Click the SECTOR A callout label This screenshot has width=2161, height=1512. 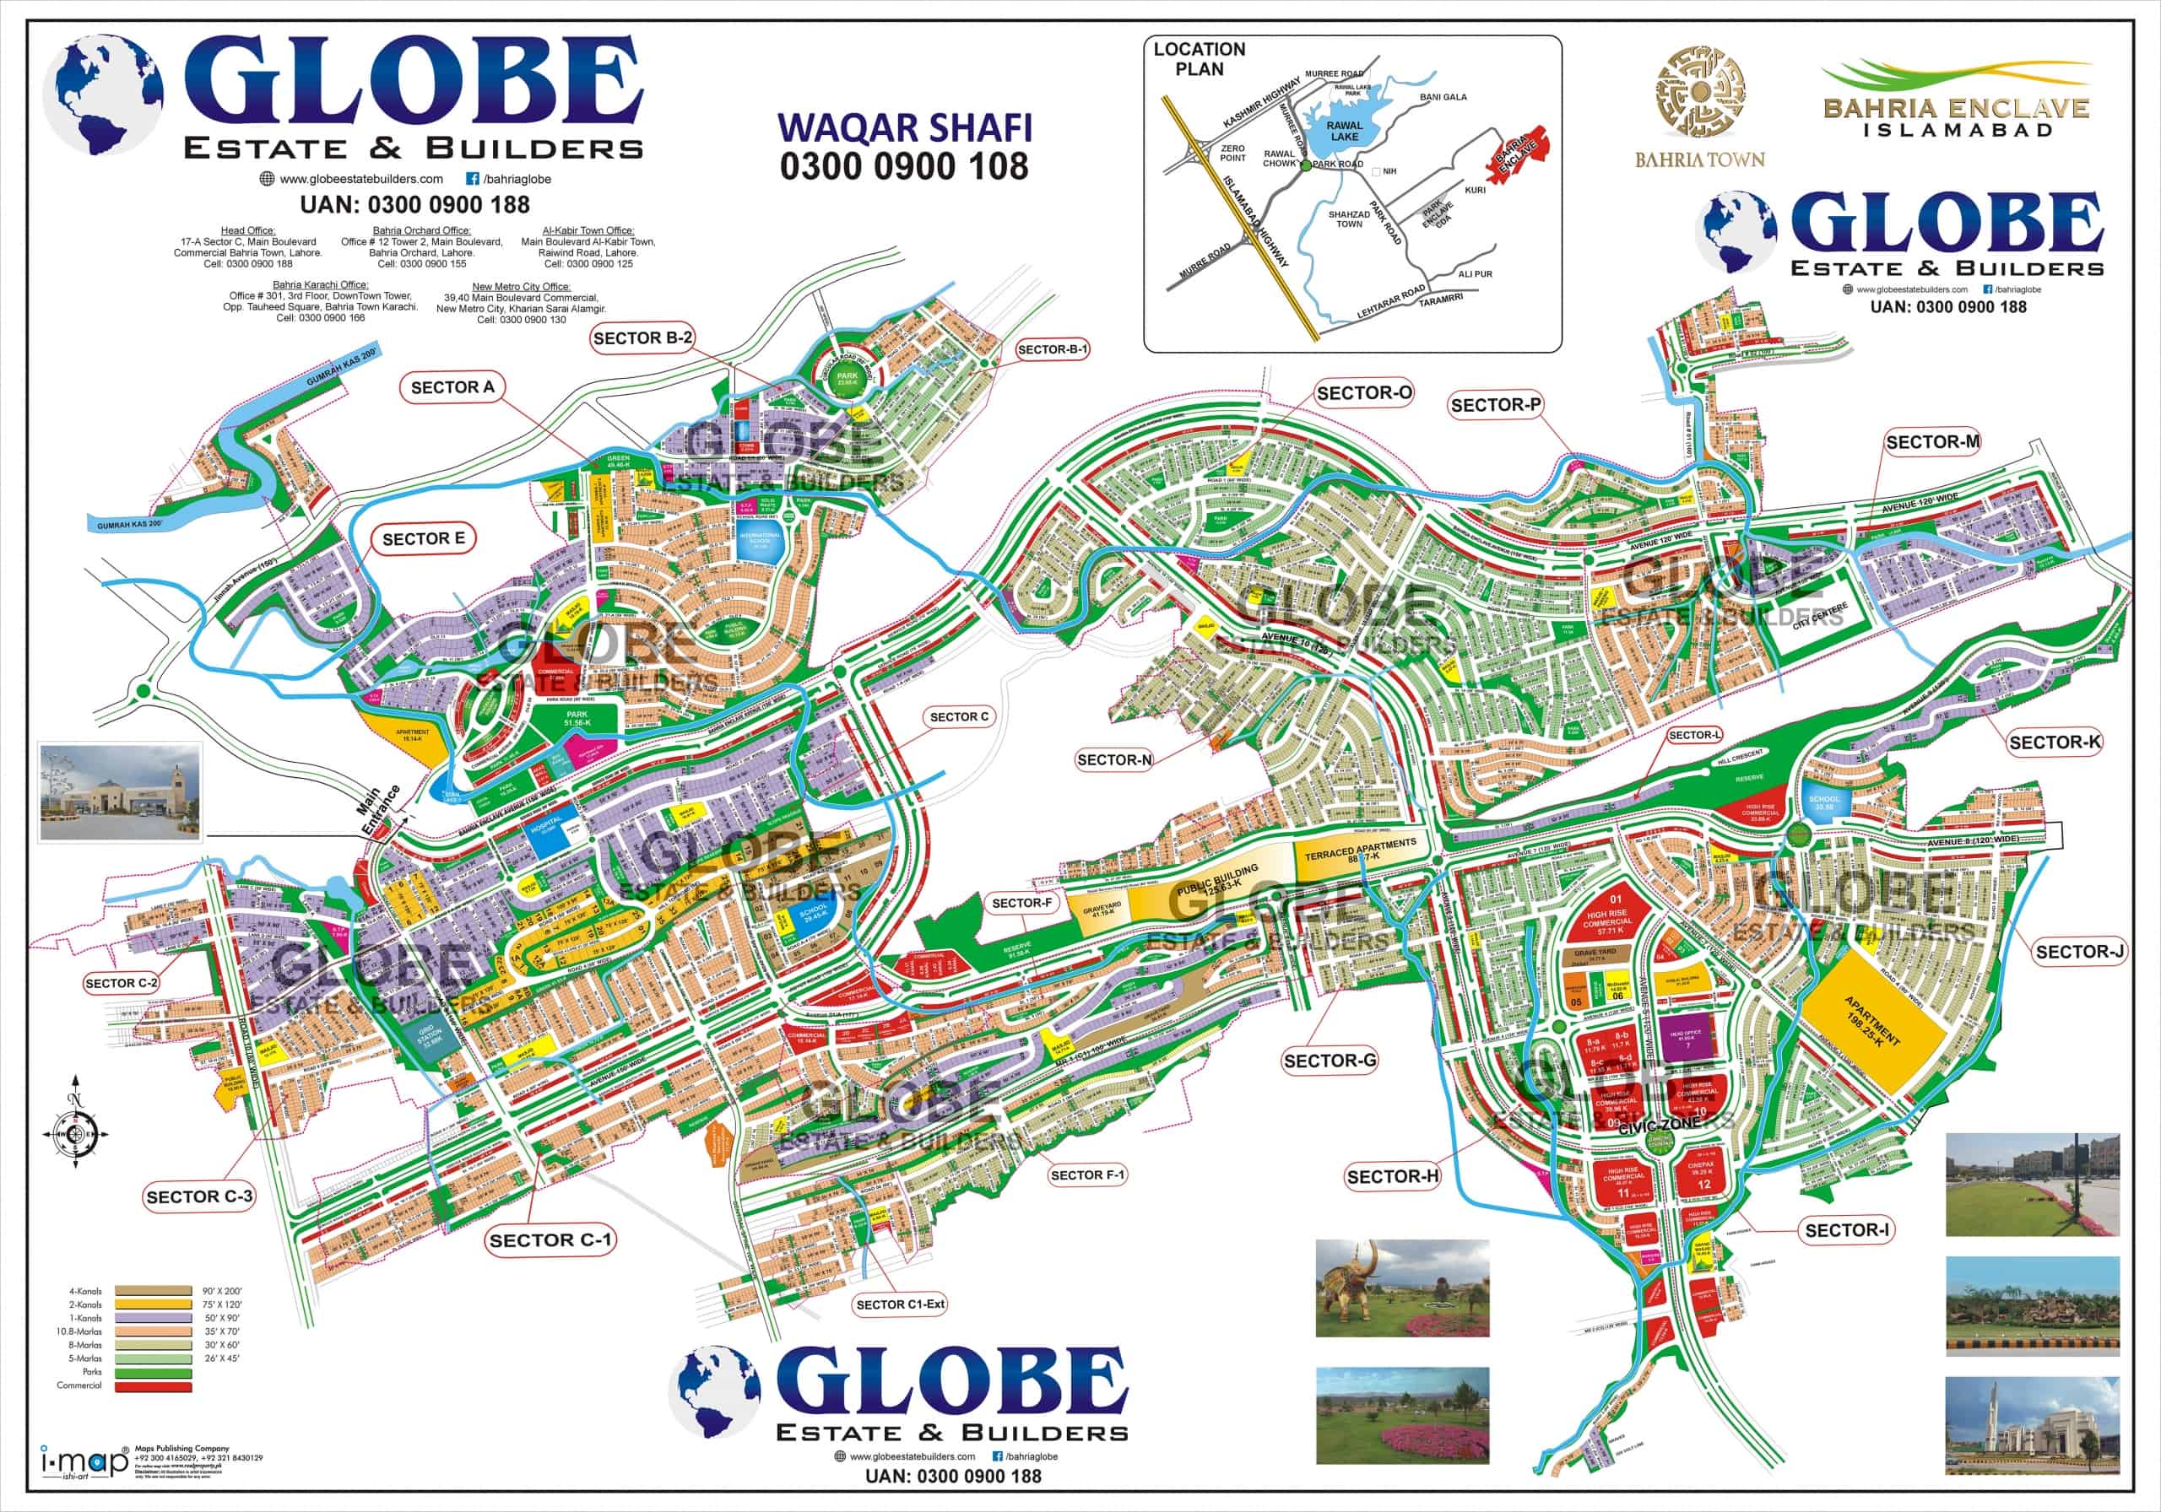(x=452, y=386)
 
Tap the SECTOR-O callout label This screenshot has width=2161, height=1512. (x=1364, y=393)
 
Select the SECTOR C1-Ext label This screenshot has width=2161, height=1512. (x=900, y=1304)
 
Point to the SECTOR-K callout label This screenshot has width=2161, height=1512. (x=2055, y=742)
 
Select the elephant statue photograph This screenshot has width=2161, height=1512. (x=1402, y=1288)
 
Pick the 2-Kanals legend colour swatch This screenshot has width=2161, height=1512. (x=154, y=1305)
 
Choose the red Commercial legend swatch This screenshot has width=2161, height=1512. (x=154, y=1386)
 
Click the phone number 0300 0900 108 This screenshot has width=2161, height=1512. (x=903, y=166)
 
